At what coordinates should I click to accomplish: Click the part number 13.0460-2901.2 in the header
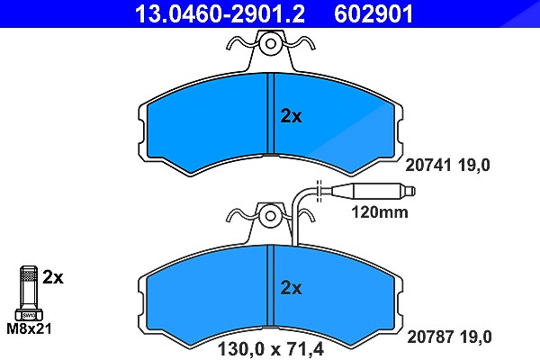coord(220,13)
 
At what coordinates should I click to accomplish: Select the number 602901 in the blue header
coord(373,13)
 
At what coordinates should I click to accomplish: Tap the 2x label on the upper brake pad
coord(291,116)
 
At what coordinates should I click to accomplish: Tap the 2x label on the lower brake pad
coord(291,287)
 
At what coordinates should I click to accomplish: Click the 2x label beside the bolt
coord(53,277)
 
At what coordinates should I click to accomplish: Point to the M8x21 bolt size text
coord(30,328)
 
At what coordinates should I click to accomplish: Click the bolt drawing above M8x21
coord(29,292)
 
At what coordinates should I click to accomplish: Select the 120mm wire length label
coord(380,211)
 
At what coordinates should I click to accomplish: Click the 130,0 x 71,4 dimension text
coord(271,349)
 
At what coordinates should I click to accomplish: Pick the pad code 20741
coord(428,165)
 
